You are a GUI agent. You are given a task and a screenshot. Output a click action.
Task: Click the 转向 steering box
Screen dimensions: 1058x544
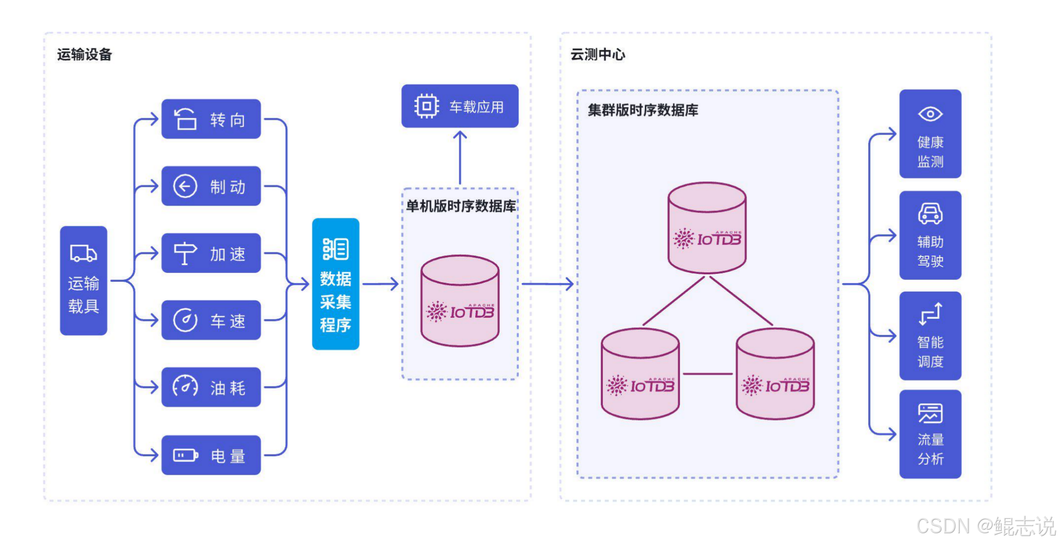pyautogui.click(x=211, y=119)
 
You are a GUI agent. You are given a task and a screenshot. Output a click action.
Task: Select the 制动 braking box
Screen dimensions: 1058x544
pyautogui.click(x=211, y=186)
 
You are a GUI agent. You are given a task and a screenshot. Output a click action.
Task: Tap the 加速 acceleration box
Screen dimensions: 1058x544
pyautogui.click(x=211, y=253)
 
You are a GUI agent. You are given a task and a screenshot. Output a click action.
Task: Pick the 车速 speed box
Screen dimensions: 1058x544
pyautogui.click(x=211, y=320)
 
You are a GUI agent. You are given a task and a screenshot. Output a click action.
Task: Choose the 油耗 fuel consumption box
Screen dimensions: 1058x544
pyautogui.click(x=211, y=387)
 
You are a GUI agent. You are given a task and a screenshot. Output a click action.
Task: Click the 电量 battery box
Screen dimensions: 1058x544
pyautogui.click(x=211, y=455)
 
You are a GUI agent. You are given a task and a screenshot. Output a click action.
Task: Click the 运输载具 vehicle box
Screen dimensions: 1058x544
pyautogui.click(x=84, y=281)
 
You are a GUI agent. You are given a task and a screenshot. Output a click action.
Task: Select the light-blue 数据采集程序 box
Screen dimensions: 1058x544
pyautogui.click(x=336, y=284)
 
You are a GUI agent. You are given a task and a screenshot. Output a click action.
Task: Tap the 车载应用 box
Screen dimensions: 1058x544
pyautogui.click(x=460, y=106)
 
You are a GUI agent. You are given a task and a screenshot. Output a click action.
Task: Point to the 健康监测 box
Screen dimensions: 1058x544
pyautogui.click(x=930, y=134)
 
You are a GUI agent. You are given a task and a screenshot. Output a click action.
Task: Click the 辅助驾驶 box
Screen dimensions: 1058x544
pyautogui.click(x=930, y=236)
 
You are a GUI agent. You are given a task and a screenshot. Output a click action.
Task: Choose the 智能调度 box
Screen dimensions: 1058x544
pyautogui.click(x=930, y=336)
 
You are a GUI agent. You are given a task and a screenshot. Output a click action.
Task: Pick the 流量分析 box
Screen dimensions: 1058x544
pyautogui.click(x=930, y=434)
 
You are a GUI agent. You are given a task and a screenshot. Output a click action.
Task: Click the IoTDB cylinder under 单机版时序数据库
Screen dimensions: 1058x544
pyautogui.click(x=460, y=301)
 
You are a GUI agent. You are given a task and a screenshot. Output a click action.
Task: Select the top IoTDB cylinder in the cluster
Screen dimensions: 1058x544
pyautogui.click(x=707, y=228)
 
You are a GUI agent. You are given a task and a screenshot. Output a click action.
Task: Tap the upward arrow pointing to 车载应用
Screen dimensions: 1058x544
pyautogui.click(x=460, y=157)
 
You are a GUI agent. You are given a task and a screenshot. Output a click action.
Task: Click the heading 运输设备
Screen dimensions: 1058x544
pyautogui.click(x=85, y=55)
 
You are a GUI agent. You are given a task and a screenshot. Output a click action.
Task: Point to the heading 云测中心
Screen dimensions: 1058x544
pyautogui.click(x=598, y=55)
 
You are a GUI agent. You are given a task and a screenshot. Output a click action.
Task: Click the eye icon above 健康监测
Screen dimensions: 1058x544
pyautogui.click(x=930, y=114)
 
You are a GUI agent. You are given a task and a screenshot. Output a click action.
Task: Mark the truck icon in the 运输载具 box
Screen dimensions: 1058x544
pyautogui.click(x=83, y=253)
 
